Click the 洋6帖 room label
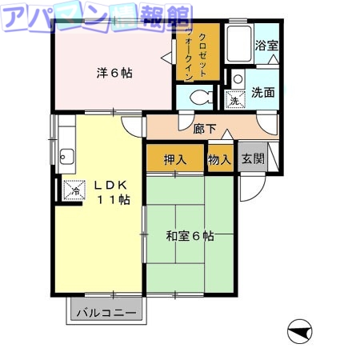point(114,73)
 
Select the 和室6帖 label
point(190,236)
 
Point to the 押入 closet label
point(175,158)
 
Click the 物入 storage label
point(219,158)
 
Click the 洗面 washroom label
point(263,92)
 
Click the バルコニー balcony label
point(106,312)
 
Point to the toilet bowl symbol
point(199,98)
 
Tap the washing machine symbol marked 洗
point(235,100)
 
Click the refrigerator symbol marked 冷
point(74,190)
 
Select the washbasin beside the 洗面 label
point(238,78)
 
